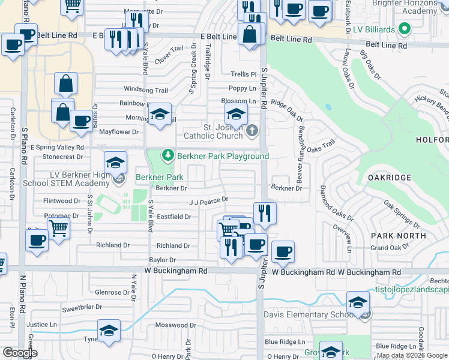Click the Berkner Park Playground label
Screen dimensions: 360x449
[x=223, y=157]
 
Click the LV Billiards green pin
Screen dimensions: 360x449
[x=405, y=28]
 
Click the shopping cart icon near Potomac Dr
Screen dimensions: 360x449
[x=58, y=227]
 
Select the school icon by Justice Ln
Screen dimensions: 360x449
[x=109, y=330]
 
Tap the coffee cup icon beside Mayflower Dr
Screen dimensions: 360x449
[x=81, y=121]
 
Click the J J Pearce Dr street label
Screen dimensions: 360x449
[x=209, y=200]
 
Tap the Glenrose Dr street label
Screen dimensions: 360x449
[x=109, y=292]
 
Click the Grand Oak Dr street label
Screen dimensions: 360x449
[x=390, y=248]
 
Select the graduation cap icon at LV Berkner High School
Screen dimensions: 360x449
[x=115, y=163]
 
